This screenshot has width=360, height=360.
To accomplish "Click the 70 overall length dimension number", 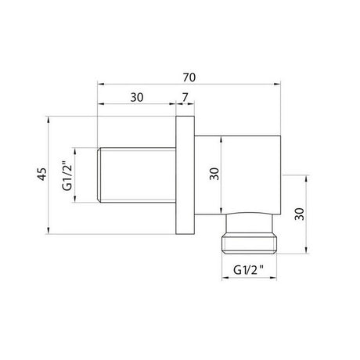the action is click(189, 77).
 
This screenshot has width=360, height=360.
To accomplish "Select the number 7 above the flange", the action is click(185, 98).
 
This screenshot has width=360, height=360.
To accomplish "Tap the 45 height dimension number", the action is click(42, 174).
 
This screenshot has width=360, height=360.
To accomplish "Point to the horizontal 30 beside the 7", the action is click(137, 98).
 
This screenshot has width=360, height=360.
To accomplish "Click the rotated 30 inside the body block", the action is click(214, 174).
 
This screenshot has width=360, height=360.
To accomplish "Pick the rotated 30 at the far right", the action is click(300, 214).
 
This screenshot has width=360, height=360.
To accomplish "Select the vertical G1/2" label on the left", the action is click(67, 176).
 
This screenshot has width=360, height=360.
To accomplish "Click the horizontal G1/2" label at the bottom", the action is click(249, 270).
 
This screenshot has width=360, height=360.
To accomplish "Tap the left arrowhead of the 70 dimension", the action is click(101, 84).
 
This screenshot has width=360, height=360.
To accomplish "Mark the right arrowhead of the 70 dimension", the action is click(277, 84).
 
